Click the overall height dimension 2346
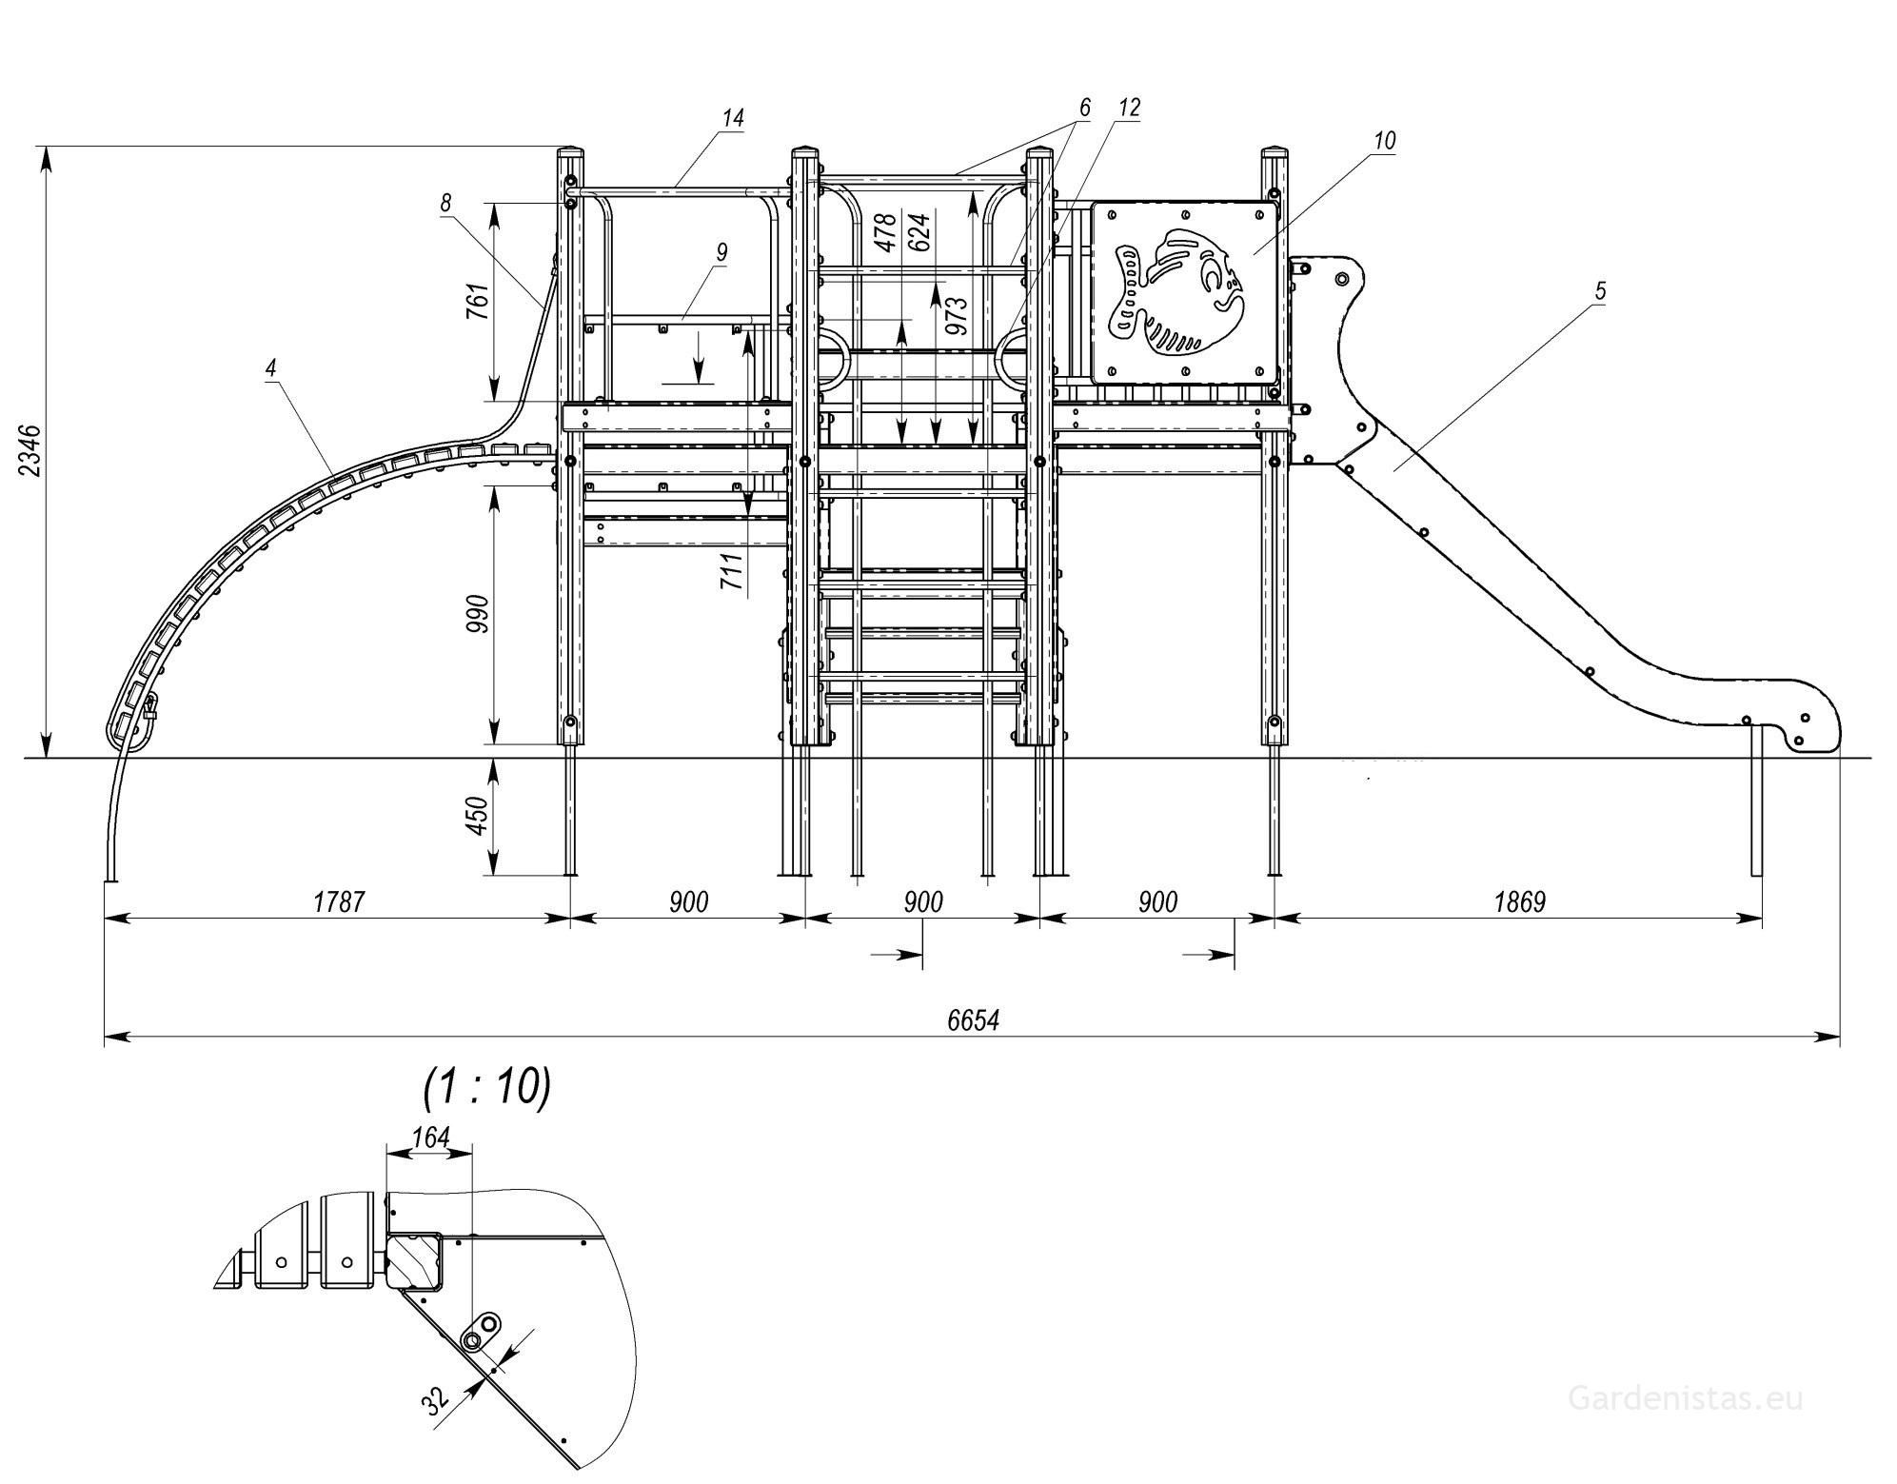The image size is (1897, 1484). (x=30, y=450)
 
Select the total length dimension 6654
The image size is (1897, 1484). (x=973, y=1020)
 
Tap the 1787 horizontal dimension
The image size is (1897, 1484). (x=339, y=901)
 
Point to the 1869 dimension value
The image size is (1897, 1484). (x=1519, y=901)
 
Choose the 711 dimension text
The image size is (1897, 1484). (x=731, y=571)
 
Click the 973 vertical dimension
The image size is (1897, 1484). (x=957, y=315)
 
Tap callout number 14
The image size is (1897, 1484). (x=732, y=118)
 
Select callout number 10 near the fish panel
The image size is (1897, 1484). (x=1384, y=140)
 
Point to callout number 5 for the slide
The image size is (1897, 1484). (x=1600, y=290)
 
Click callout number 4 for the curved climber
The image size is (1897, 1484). (x=271, y=367)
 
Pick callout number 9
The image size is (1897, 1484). (x=721, y=252)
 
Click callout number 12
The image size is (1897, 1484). (x=1128, y=108)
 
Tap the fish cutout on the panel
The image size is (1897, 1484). (x=1178, y=291)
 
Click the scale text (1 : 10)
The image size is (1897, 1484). (x=487, y=1086)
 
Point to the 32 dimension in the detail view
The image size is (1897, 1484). (x=436, y=1399)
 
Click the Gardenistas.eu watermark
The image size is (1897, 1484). (x=1685, y=1398)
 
